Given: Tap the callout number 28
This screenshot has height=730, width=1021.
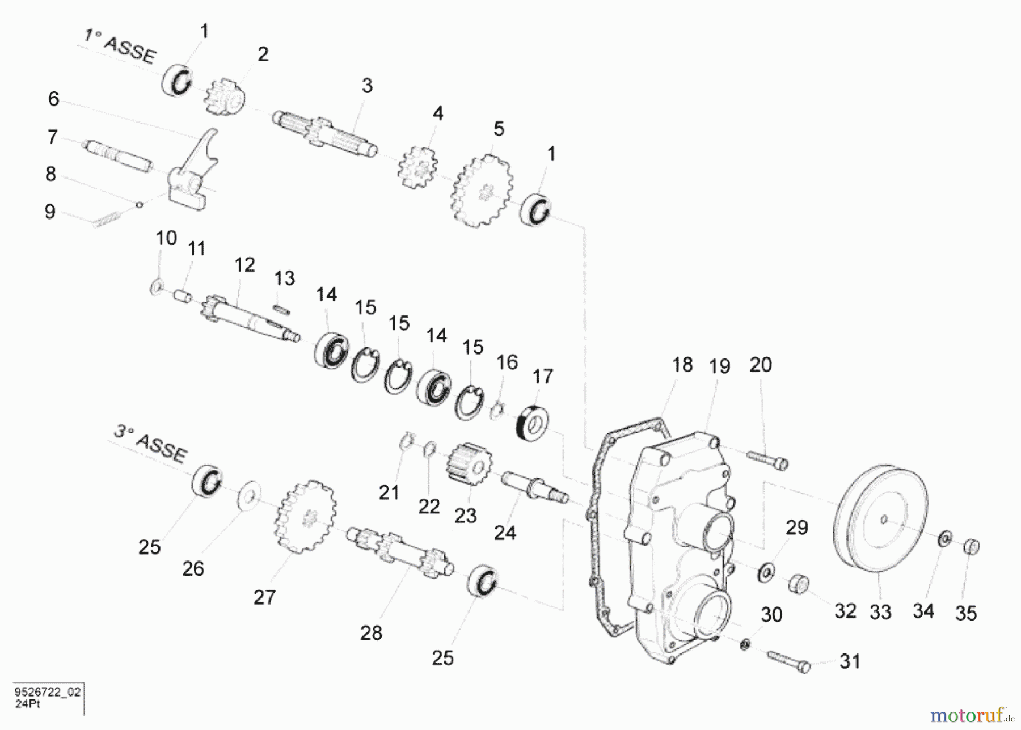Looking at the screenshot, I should (371, 633).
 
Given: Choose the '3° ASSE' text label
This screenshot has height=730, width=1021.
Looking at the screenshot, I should (150, 443).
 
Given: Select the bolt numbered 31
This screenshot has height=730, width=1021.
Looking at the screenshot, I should (789, 662).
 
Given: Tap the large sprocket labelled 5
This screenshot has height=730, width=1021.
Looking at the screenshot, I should (482, 191).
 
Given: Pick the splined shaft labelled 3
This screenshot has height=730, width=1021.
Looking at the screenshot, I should (324, 134).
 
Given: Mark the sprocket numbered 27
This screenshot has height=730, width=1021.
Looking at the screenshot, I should (306, 516).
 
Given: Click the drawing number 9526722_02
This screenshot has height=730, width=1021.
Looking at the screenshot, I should (48, 692).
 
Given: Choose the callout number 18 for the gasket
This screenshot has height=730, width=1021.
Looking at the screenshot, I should (682, 365).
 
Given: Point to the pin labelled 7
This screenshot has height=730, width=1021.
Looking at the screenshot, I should (118, 156).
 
